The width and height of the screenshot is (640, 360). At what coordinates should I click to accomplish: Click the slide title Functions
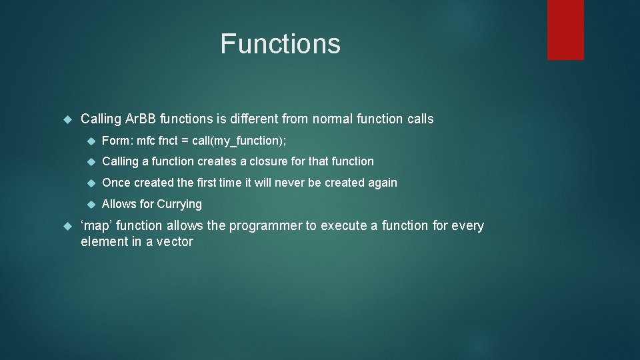click(280, 44)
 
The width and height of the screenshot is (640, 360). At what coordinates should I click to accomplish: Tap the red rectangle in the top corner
click(565, 29)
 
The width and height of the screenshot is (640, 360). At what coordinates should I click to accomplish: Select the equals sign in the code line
click(184, 140)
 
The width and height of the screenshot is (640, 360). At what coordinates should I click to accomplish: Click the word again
click(381, 183)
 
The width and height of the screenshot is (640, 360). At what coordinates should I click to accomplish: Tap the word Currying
click(179, 204)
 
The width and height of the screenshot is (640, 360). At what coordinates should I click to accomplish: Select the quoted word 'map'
click(97, 226)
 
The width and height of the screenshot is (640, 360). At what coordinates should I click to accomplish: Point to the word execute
click(345, 226)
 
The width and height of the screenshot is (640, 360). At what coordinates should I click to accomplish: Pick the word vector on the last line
click(175, 242)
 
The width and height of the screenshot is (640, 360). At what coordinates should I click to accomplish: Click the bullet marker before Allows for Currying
click(91, 204)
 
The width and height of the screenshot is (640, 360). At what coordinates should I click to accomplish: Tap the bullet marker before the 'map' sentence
click(66, 226)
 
